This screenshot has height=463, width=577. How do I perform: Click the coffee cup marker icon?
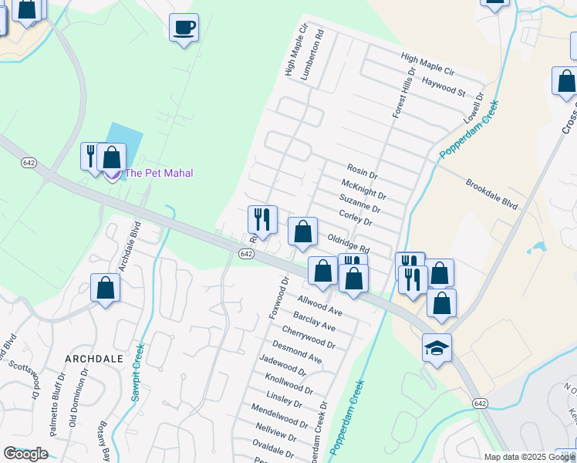point(184,28)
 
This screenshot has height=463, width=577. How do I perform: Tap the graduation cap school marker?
point(437,349)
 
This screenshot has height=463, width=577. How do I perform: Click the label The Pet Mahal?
point(159,173)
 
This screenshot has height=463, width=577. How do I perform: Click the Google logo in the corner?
point(25,454)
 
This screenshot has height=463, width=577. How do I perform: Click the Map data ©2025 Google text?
point(529,457)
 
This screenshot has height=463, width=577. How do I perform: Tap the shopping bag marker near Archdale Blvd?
point(105,288)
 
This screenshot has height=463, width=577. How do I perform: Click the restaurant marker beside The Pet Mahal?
point(91,156)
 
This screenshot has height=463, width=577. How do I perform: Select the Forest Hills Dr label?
point(403,91)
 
